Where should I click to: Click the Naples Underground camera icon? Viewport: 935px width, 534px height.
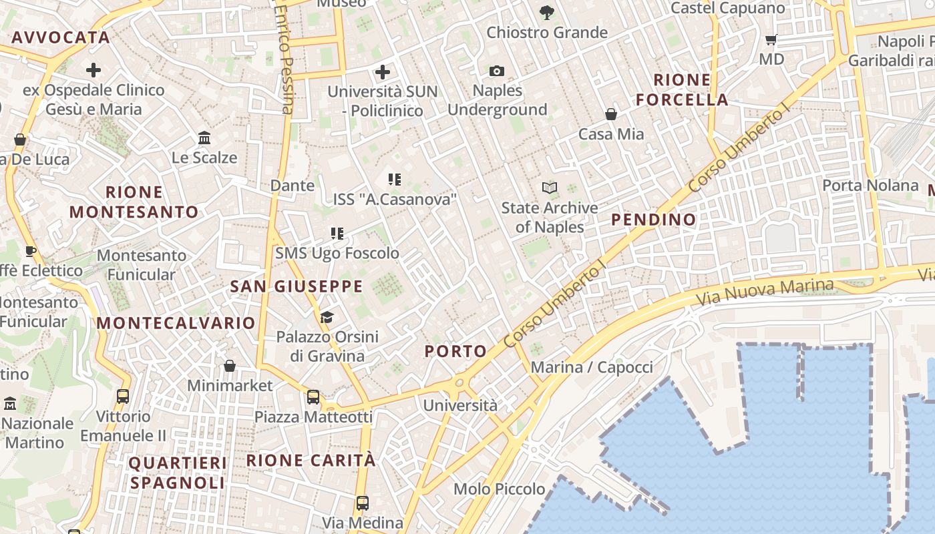tap(497, 71)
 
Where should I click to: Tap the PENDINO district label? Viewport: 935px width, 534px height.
tap(654, 220)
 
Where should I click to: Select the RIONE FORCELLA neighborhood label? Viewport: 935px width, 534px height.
tap(682, 90)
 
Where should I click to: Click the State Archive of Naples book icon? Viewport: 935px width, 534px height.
tap(550, 188)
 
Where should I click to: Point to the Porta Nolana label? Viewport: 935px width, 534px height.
tap(870, 185)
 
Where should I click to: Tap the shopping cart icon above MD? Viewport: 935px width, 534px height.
tap(771, 40)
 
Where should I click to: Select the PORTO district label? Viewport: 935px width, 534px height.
tap(456, 351)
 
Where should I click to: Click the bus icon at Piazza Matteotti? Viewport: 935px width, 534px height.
tap(313, 397)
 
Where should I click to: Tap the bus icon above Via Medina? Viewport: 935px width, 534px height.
tap(363, 503)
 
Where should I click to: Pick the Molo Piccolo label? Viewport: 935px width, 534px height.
tap(500, 489)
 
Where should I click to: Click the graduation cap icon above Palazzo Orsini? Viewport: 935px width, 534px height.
tap(327, 316)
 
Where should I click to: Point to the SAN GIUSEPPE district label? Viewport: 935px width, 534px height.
tap(297, 287)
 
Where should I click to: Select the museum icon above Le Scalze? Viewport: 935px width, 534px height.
tap(204, 138)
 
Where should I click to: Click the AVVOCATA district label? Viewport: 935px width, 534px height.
tap(61, 37)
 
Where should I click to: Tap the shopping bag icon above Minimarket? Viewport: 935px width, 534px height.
tap(230, 366)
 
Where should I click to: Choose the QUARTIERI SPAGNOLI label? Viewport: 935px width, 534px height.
tap(178, 473)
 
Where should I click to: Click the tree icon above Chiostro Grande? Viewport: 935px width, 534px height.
tap(547, 12)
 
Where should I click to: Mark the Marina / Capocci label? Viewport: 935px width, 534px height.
tap(592, 367)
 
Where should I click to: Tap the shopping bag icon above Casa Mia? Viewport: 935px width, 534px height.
tap(611, 115)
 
